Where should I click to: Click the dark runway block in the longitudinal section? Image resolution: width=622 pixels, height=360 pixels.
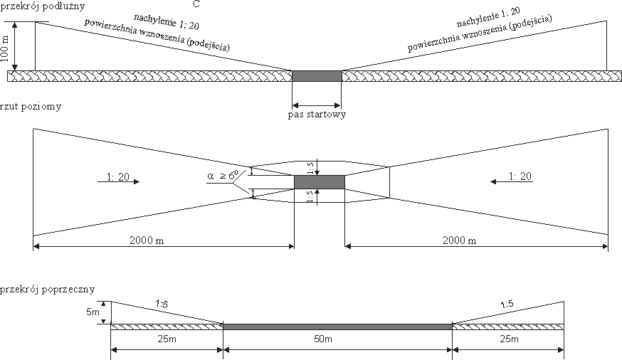[x=317, y=75]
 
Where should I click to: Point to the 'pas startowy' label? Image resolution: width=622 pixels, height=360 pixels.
[x=317, y=114]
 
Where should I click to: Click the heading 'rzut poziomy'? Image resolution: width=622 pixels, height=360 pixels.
[x=31, y=107]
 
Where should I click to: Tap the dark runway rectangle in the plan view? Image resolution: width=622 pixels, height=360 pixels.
[x=320, y=182]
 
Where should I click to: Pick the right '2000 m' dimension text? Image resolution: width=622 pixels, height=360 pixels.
[x=458, y=240]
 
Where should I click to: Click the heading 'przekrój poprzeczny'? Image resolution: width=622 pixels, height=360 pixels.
[x=47, y=290]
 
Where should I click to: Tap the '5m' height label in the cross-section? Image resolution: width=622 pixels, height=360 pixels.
[x=92, y=312]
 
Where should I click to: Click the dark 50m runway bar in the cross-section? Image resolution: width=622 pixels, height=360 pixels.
[x=337, y=327]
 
